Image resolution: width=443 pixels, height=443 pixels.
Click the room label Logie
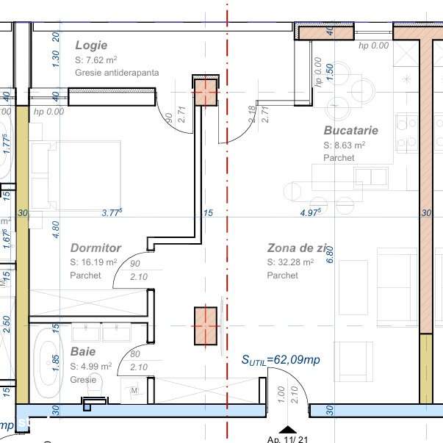91,46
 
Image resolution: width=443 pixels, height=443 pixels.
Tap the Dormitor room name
96,248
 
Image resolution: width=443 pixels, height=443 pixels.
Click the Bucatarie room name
350,130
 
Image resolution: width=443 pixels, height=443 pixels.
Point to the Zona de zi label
304,248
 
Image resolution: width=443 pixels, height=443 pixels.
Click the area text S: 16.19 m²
93,262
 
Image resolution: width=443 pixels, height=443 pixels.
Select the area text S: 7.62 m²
97,60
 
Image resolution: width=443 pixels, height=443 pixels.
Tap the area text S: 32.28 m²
290,262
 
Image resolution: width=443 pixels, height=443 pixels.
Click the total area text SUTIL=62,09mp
281,360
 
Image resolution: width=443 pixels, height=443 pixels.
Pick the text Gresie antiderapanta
116,73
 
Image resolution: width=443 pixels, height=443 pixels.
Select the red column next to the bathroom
206,325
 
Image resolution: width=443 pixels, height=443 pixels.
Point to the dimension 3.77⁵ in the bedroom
112,213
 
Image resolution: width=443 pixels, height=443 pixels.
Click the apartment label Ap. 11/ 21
289,439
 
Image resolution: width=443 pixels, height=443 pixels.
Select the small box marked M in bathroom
134,391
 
